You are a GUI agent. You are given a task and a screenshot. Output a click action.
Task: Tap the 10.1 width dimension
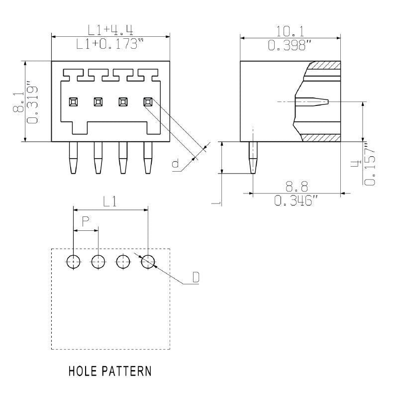coord(291,30)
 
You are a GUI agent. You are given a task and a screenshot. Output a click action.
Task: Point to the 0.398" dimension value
coord(291,46)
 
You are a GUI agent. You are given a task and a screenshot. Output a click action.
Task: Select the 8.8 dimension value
coord(297,187)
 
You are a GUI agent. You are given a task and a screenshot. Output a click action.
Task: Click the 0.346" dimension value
coord(297,201)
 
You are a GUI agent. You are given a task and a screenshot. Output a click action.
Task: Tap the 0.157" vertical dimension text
coord(369,165)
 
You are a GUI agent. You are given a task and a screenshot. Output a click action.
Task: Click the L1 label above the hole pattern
coord(110,201)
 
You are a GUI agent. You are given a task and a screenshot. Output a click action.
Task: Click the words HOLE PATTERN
coord(110,371)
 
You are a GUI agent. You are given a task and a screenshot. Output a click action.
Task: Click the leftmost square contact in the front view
coord(73,101)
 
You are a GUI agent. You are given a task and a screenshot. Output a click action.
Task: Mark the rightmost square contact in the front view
coord(147,101)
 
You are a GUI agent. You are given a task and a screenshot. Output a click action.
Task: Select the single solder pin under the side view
coord(253,158)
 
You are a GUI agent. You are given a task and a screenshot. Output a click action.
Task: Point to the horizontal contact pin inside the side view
coord(312,101)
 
